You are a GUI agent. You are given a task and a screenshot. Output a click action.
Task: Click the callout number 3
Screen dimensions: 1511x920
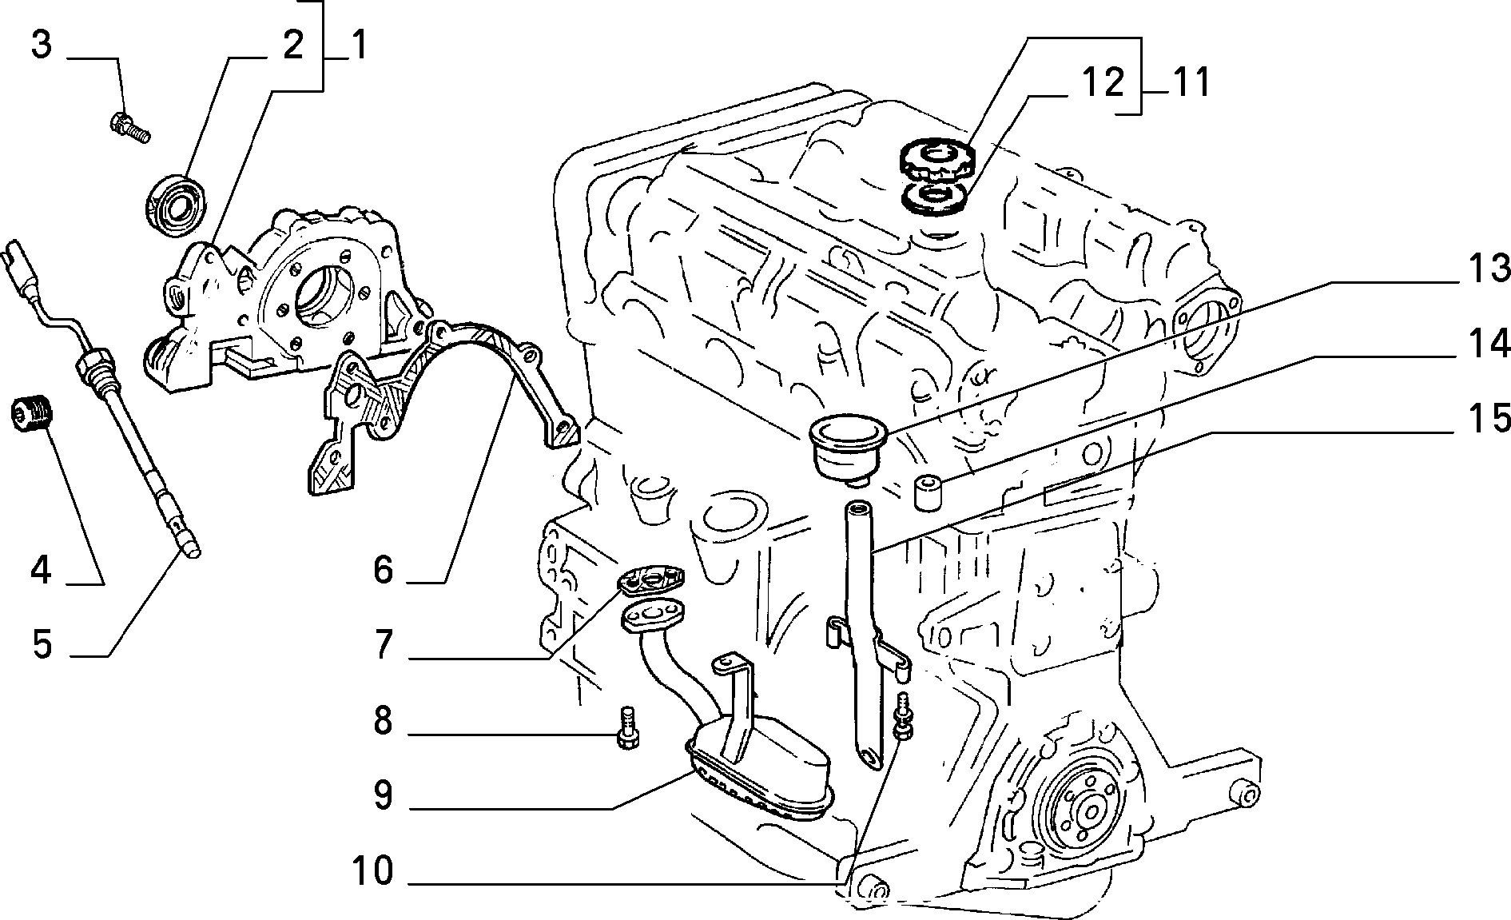coord(42,46)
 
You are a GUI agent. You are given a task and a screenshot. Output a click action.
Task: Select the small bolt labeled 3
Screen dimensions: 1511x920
coord(129,127)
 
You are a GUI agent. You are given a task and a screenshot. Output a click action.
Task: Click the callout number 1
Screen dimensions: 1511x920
coord(357,46)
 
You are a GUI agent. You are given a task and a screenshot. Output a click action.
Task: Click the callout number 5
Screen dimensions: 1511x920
coord(42,643)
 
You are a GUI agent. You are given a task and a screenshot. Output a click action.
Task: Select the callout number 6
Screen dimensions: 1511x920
coord(384,571)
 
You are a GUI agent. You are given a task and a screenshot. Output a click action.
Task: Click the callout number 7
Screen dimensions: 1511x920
coord(384,645)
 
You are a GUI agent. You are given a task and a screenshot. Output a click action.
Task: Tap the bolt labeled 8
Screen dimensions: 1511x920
coord(626,727)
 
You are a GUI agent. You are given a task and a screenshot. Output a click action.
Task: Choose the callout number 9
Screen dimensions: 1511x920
coord(384,795)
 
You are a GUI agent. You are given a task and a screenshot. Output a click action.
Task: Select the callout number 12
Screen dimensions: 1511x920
coord(1103,83)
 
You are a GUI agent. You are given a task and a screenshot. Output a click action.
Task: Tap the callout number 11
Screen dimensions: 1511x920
coord(1188,83)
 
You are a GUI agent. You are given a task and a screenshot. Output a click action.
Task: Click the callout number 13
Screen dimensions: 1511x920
coord(1488,269)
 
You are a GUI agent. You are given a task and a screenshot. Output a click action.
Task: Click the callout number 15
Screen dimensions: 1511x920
coord(1488,419)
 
